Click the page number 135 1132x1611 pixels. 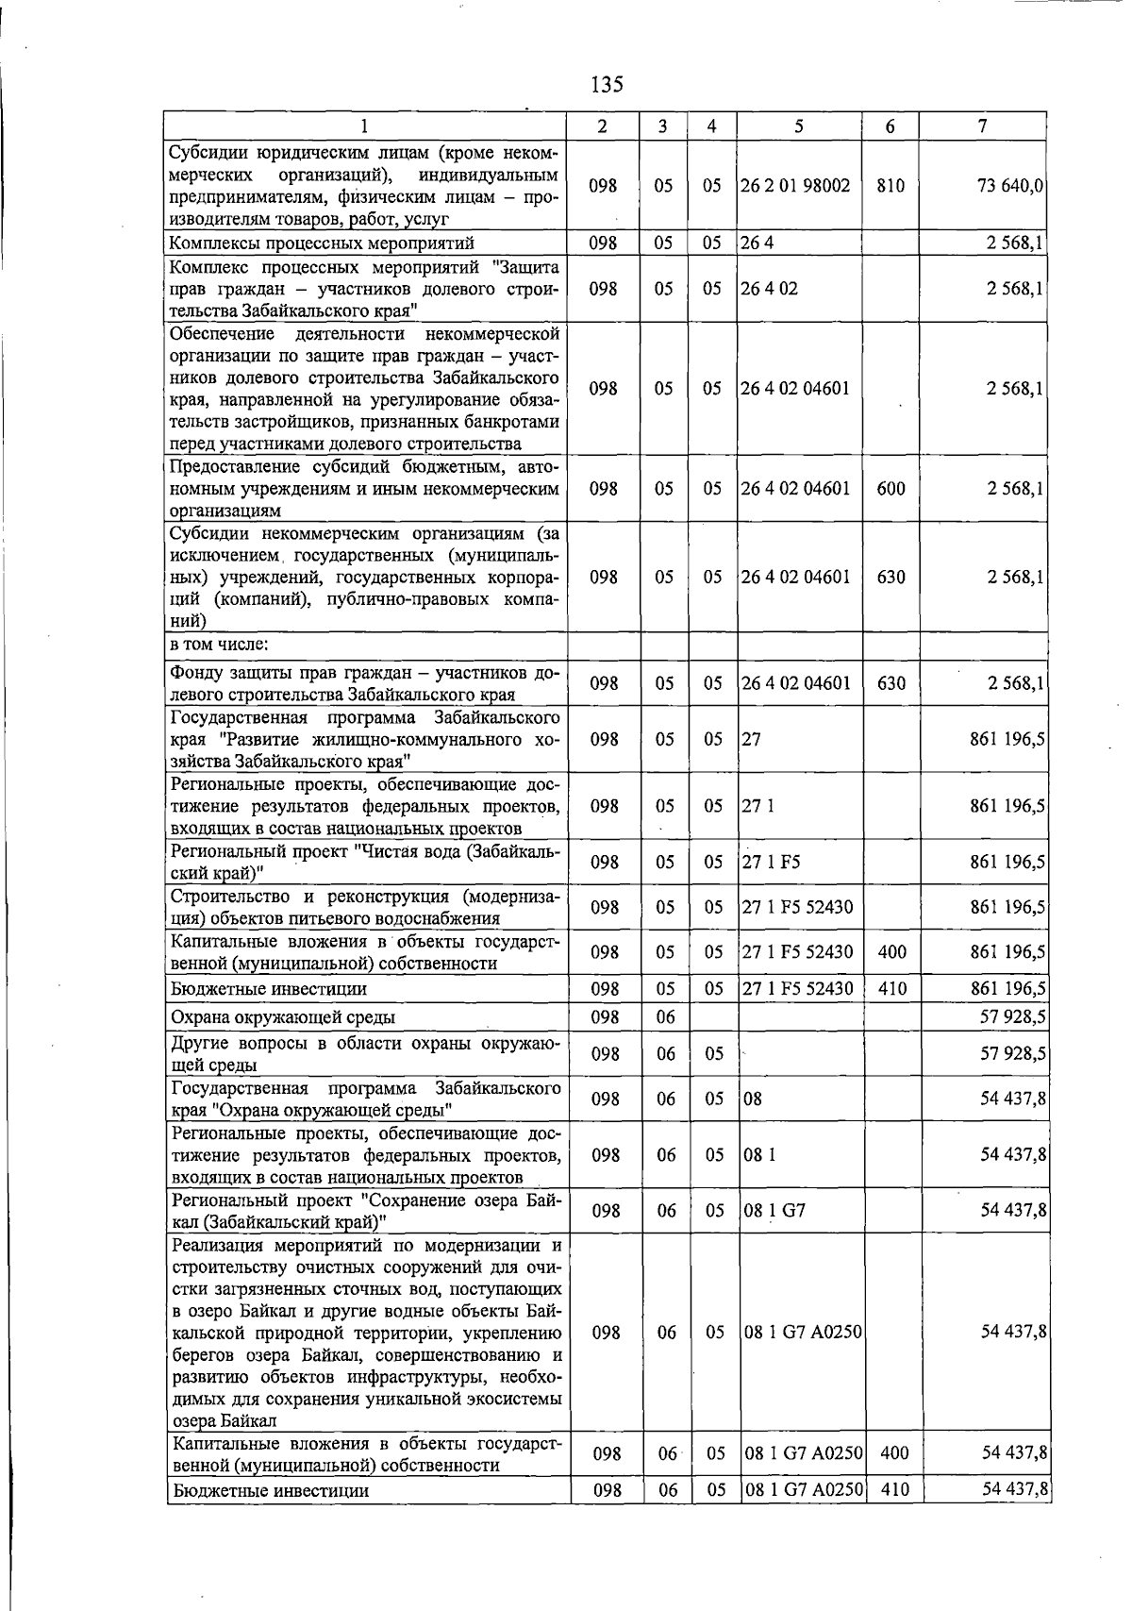[x=607, y=85]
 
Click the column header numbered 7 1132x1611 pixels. [x=983, y=126]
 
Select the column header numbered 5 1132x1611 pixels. [x=798, y=126]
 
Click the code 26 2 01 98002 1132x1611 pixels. [x=795, y=186]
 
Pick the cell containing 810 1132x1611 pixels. [x=890, y=186]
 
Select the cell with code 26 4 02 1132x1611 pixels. [x=769, y=289]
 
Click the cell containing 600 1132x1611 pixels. [x=890, y=489]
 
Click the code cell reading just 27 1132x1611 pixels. [x=751, y=740]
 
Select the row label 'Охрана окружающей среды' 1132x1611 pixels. [x=282, y=1016]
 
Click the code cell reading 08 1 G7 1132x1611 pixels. [x=774, y=1210]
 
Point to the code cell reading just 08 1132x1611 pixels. [x=753, y=1099]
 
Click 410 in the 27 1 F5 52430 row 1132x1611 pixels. [x=891, y=989]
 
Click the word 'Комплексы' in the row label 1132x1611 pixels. [x=209, y=243]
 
